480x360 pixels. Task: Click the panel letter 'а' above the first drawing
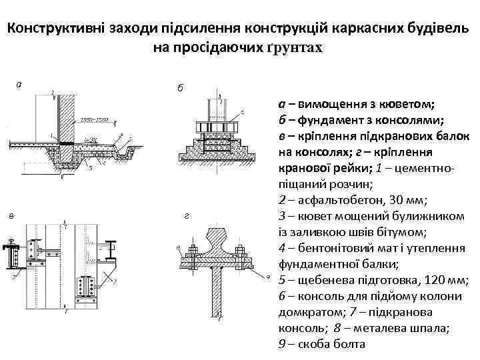19,84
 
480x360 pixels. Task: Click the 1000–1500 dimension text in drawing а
93,121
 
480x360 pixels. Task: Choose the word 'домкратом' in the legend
307,312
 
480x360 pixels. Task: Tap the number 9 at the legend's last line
280,344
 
